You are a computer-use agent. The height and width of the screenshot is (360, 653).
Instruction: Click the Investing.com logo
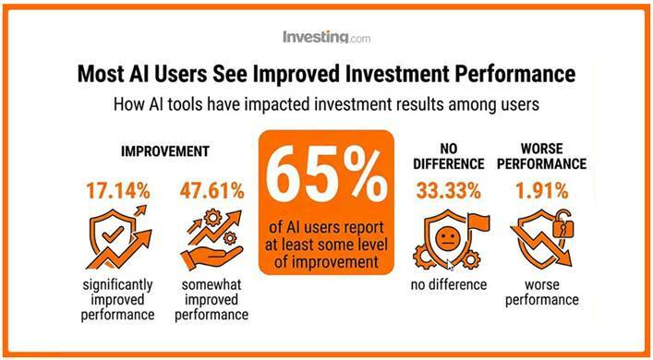point(326,37)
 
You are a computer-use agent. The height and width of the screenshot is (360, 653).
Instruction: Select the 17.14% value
point(118,191)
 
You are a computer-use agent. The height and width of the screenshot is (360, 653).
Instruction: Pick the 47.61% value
point(212,191)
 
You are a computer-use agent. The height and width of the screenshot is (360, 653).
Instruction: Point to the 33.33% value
point(449,191)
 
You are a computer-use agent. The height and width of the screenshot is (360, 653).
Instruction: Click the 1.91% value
point(542,191)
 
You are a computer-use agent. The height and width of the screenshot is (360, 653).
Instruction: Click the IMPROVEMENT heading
point(165,151)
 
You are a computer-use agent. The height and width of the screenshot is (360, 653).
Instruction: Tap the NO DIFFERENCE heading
point(449,156)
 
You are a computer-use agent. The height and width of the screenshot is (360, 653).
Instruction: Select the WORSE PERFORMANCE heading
point(542,156)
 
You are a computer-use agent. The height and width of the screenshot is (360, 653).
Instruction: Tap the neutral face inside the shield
point(448,239)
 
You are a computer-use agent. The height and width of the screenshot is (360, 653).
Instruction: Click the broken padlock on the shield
point(562,225)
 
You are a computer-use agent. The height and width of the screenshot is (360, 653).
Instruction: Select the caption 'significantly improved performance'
point(118,300)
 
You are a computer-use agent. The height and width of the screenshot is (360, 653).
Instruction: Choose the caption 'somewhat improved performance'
point(212,300)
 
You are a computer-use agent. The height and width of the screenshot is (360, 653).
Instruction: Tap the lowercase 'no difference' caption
point(449,284)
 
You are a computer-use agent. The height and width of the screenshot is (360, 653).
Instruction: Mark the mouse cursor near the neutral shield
point(450,265)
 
